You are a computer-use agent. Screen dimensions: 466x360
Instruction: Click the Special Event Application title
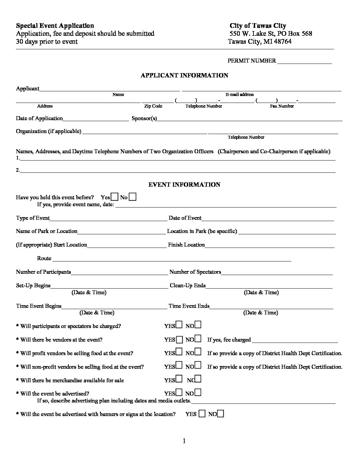click(55, 26)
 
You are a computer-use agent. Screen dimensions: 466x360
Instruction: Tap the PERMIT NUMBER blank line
click(304, 61)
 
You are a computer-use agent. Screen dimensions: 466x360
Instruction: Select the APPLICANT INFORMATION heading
click(184, 75)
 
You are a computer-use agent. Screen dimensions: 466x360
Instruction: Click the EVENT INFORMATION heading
click(184, 185)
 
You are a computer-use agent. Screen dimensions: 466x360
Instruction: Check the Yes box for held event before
click(114, 197)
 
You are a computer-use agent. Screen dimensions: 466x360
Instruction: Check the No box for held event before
click(132, 197)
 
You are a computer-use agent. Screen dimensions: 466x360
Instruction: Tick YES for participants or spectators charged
click(179, 325)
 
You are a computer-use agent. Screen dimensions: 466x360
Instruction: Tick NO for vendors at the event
click(198, 339)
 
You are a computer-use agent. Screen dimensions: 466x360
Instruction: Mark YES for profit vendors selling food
click(179, 352)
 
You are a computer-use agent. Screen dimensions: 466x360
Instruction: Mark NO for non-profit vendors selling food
click(198, 366)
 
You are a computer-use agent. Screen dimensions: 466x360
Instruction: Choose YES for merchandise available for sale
click(179, 379)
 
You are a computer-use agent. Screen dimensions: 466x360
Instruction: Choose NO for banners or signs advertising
click(221, 414)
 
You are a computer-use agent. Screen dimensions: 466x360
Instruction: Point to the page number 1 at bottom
click(184, 441)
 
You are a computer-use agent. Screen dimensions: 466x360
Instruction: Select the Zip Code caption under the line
click(153, 106)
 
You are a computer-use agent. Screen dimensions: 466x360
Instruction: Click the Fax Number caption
click(282, 106)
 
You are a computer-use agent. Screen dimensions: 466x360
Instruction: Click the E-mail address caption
click(240, 95)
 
